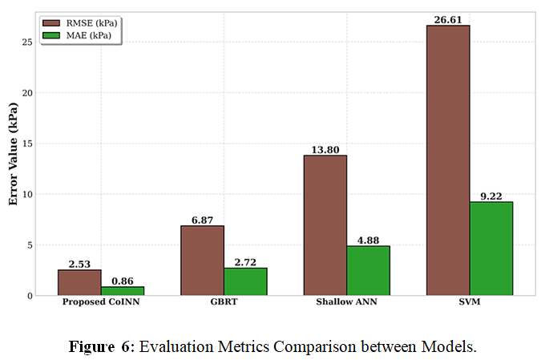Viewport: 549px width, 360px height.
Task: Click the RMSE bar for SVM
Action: (448, 160)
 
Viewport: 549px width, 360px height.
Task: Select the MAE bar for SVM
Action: (490, 249)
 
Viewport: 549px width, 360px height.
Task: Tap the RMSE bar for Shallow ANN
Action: (325, 225)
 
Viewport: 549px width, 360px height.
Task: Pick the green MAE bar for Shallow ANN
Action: (368, 271)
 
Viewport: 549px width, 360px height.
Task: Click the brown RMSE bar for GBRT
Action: (202, 261)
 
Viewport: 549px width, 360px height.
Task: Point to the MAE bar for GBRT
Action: (245, 281)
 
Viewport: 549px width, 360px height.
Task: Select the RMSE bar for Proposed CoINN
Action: (79, 282)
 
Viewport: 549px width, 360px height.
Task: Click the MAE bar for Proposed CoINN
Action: (122, 291)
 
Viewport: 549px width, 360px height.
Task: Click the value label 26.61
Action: (448, 19)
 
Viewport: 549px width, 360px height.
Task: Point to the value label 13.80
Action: (325, 149)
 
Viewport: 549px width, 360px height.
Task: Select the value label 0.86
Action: (122, 281)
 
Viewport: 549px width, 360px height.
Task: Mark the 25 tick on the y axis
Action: (30, 42)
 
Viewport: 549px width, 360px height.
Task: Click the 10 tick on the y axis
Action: (30, 194)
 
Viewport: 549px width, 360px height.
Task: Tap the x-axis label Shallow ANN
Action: (346, 304)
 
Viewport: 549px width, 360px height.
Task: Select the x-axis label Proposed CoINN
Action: (100, 304)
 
